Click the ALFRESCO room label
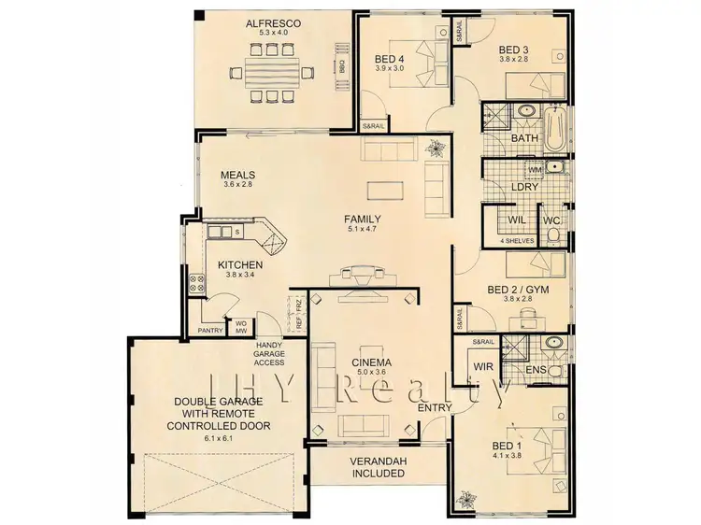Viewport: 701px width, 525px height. point(272,22)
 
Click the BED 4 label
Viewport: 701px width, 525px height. point(383,59)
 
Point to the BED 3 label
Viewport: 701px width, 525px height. point(513,50)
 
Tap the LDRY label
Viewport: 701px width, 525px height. point(523,187)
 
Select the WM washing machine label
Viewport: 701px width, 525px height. point(535,170)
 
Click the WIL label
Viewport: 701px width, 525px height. point(516,221)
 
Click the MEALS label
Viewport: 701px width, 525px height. point(238,175)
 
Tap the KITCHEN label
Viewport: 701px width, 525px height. point(240,265)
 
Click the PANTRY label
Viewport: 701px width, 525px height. point(210,331)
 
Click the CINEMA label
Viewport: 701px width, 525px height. point(372,362)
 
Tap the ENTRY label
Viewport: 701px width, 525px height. point(436,407)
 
